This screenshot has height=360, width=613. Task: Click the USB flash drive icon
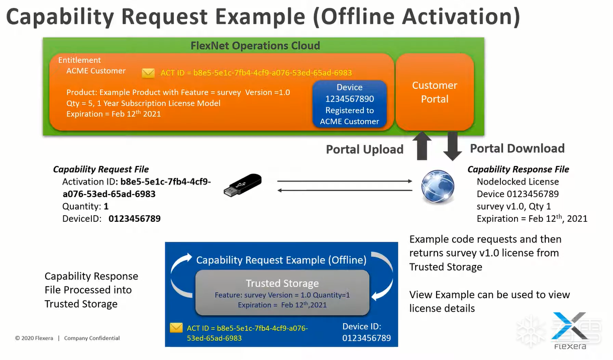243,186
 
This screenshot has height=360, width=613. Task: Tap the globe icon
438,187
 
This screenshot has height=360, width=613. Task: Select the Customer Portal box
435,92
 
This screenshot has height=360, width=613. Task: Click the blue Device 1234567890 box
349,104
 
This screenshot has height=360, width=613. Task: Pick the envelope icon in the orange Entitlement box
148,73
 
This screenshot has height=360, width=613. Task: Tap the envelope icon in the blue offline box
176,328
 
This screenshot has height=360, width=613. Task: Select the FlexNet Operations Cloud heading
255,46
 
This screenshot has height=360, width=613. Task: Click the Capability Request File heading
101,169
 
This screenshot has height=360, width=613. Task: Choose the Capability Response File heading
518,169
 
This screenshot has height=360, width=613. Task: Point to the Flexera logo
569,330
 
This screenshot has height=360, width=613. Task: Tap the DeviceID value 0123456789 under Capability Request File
135,219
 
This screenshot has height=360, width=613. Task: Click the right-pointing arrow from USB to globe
344,181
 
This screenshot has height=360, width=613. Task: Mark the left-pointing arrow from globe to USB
344,190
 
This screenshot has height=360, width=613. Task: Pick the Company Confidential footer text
92,338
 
